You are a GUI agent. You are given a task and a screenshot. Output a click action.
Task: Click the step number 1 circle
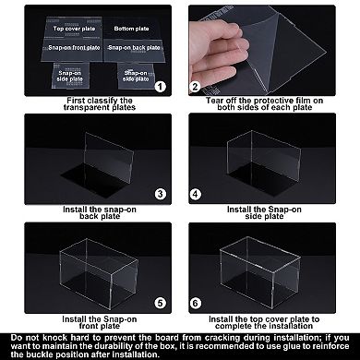[x=161, y=87]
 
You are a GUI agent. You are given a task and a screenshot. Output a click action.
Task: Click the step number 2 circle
[x=196, y=87]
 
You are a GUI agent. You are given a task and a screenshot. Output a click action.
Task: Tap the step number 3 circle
[x=161, y=194]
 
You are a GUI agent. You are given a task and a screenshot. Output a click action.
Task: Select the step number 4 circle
[x=196, y=194]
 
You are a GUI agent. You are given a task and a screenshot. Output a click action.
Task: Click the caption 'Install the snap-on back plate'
[x=89, y=214]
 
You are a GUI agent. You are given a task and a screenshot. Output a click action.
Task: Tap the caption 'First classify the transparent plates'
[x=89, y=107]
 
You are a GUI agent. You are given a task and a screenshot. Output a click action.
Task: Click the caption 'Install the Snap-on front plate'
[x=89, y=321]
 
